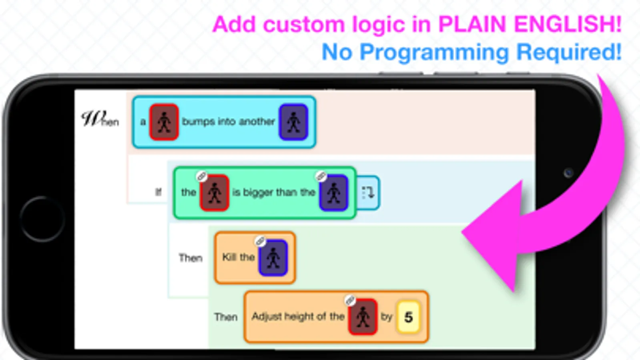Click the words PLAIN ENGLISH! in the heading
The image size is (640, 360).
(530, 24)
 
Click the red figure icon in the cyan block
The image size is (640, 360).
(164, 122)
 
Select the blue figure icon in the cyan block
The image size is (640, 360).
(293, 122)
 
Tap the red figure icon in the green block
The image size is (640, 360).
(215, 193)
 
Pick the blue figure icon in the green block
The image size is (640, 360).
(334, 193)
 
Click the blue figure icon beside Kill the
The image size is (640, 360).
(273, 258)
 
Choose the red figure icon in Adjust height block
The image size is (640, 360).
(363, 317)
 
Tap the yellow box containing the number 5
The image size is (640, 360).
(408, 317)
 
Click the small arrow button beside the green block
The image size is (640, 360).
(368, 193)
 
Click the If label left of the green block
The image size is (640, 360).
(158, 192)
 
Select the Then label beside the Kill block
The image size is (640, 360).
(191, 258)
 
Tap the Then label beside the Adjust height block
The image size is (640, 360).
(226, 317)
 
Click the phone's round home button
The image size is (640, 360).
(42, 219)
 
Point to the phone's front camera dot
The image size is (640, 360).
(568, 173)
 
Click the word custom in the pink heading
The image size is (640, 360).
(304, 24)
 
